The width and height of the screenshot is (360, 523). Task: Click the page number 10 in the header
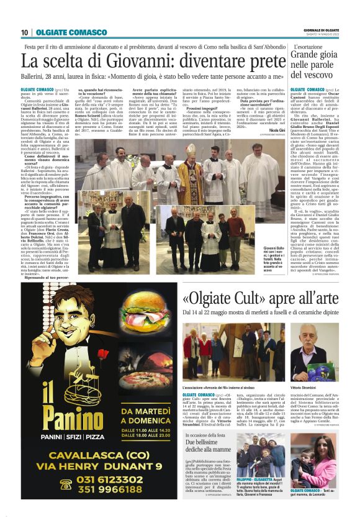24,32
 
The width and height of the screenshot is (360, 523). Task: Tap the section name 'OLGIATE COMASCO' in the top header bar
61,32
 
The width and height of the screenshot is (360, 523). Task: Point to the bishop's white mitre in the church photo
184,160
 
